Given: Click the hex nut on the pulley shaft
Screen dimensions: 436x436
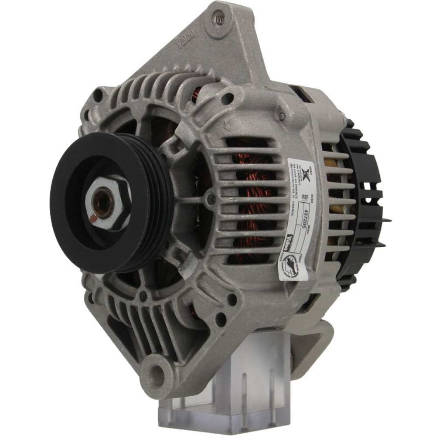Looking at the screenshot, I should [107, 203].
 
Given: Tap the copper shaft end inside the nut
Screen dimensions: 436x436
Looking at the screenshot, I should [103, 203].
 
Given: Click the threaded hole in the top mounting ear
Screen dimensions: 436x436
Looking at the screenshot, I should [218, 18].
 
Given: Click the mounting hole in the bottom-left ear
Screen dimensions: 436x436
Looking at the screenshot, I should [155, 372].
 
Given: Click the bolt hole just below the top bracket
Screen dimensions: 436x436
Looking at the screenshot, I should [227, 99].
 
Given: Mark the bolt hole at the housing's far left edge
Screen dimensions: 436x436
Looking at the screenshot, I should [97, 93].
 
